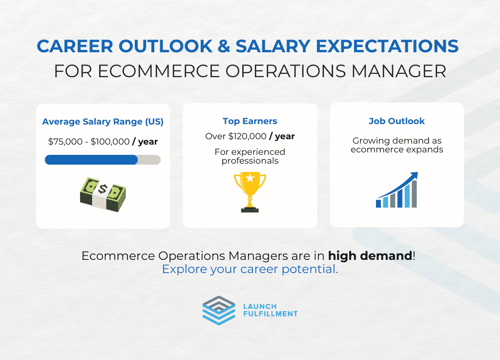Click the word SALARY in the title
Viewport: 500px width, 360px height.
pos(273,46)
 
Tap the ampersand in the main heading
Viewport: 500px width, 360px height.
pos(224,46)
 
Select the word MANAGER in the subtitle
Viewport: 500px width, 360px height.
pos(398,71)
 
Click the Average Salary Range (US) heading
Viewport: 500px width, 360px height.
pos(103,122)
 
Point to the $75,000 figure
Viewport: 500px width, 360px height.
pos(65,142)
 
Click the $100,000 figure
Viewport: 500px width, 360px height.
pos(110,142)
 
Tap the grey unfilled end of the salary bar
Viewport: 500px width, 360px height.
pos(149,160)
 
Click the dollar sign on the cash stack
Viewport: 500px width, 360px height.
pos(103,189)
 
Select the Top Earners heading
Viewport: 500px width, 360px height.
pos(250,121)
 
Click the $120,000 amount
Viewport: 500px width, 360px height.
pos(247,136)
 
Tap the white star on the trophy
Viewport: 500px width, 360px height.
pos(250,178)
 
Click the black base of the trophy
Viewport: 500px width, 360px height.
pos(250,210)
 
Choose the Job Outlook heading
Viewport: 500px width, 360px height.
pos(396,121)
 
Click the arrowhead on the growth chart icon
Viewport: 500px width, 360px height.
pos(414,176)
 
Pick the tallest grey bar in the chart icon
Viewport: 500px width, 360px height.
pos(414,194)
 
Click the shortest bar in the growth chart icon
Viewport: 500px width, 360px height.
pos(378,203)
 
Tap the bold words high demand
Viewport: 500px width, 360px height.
pos(370,256)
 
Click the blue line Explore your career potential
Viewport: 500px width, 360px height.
pos(250,269)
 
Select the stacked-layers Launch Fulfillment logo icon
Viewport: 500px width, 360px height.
pos(219,311)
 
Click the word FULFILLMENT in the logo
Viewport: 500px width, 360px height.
pos(271,314)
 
